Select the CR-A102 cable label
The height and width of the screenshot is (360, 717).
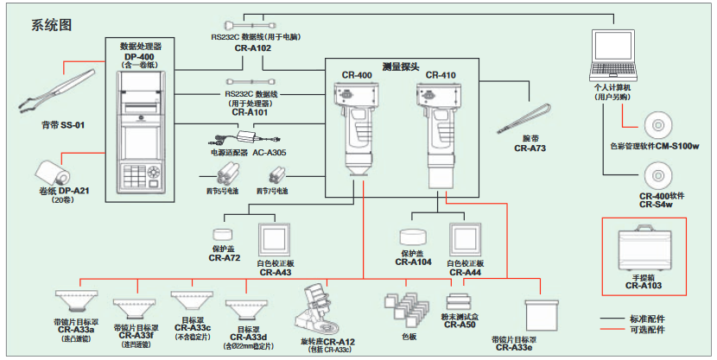(252, 49)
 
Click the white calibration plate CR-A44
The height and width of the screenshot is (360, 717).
(465, 241)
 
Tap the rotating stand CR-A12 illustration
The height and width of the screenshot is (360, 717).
(320, 310)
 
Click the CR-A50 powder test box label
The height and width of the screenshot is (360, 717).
(460, 325)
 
